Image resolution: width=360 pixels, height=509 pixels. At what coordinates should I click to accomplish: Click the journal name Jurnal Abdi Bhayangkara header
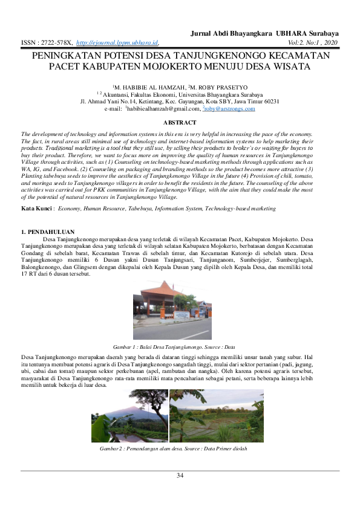point(264,33)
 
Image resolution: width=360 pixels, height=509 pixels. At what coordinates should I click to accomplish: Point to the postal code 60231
point(269,102)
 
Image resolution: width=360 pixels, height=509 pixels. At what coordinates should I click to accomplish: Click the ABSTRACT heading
point(180,123)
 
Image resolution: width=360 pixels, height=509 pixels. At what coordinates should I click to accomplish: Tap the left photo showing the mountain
point(129,416)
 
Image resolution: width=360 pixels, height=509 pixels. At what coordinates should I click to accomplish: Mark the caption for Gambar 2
point(173,449)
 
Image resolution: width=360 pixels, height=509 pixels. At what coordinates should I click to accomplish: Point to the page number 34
point(180,476)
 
